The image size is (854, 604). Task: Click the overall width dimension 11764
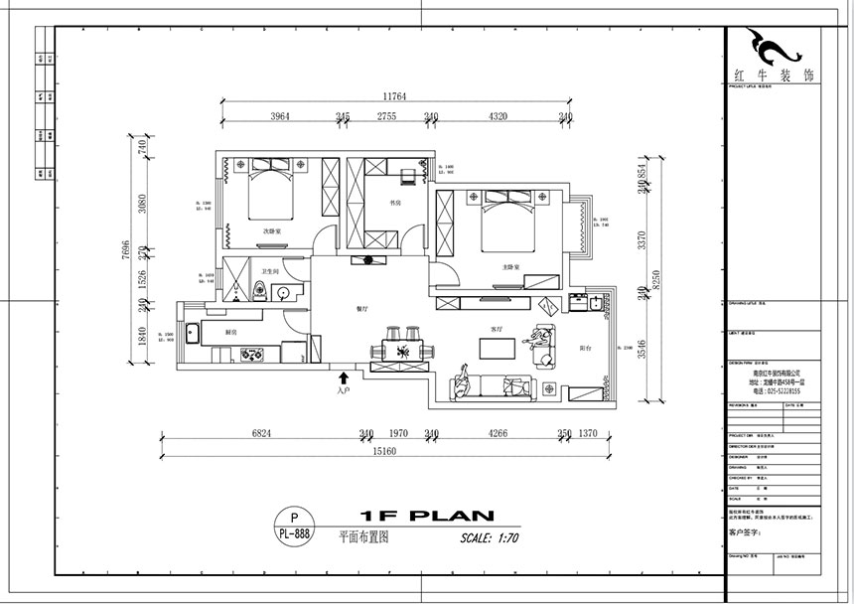(x=395, y=96)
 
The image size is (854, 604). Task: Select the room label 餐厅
(x=362, y=309)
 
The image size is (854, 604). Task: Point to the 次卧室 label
(x=271, y=230)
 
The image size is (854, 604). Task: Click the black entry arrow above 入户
(x=344, y=378)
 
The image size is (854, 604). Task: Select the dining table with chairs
(x=402, y=349)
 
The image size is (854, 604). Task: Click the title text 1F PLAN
(x=427, y=516)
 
